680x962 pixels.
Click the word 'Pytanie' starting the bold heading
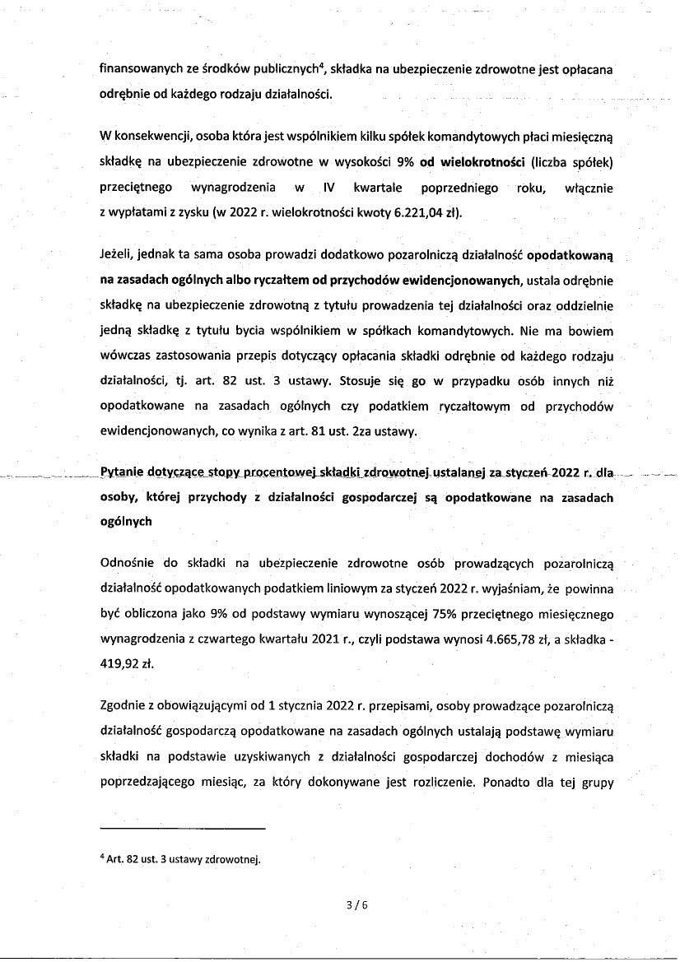click(122, 473)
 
